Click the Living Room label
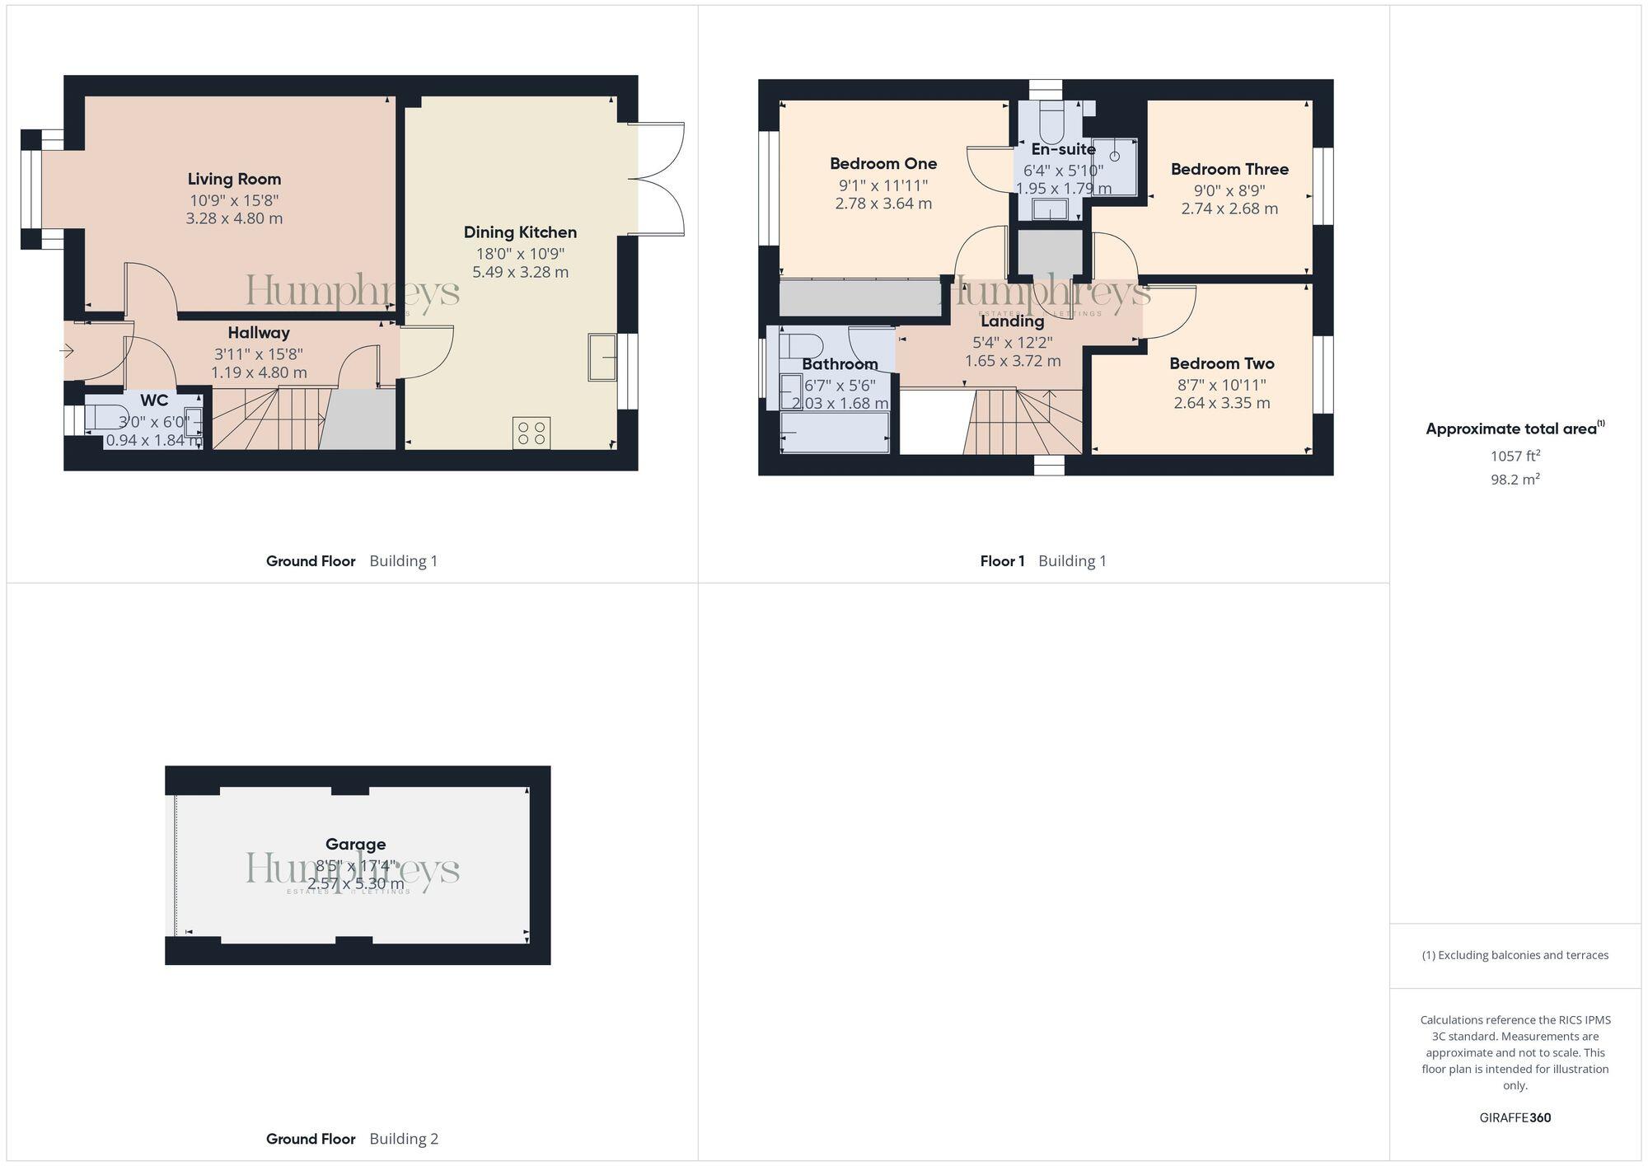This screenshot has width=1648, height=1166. click(x=234, y=179)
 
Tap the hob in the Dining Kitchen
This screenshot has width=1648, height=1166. click(x=531, y=433)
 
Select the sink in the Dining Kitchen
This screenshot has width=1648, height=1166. click(x=602, y=357)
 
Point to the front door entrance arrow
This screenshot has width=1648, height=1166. click(x=67, y=352)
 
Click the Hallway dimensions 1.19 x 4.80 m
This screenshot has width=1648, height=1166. click(x=259, y=372)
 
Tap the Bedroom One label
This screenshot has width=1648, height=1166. click(x=883, y=163)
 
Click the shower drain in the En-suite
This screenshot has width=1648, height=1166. click(x=1115, y=156)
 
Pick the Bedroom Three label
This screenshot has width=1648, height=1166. click(x=1229, y=169)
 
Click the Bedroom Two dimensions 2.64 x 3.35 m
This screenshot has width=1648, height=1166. click(x=1221, y=403)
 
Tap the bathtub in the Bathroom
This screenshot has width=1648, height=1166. click(x=835, y=433)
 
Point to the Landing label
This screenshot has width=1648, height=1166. click(x=1012, y=321)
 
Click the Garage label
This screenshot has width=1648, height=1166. click(x=355, y=844)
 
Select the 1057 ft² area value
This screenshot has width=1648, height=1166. click(x=1515, y=455)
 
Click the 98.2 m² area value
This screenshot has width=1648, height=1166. click(x=1515, y=479)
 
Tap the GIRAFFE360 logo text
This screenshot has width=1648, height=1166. click(x=1515, y=1117)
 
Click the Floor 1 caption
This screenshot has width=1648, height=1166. click(x=1002, y=561)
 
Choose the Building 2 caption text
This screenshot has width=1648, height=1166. click(x=404, y=1139)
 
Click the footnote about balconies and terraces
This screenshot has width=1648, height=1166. click(x=1515, y=955)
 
